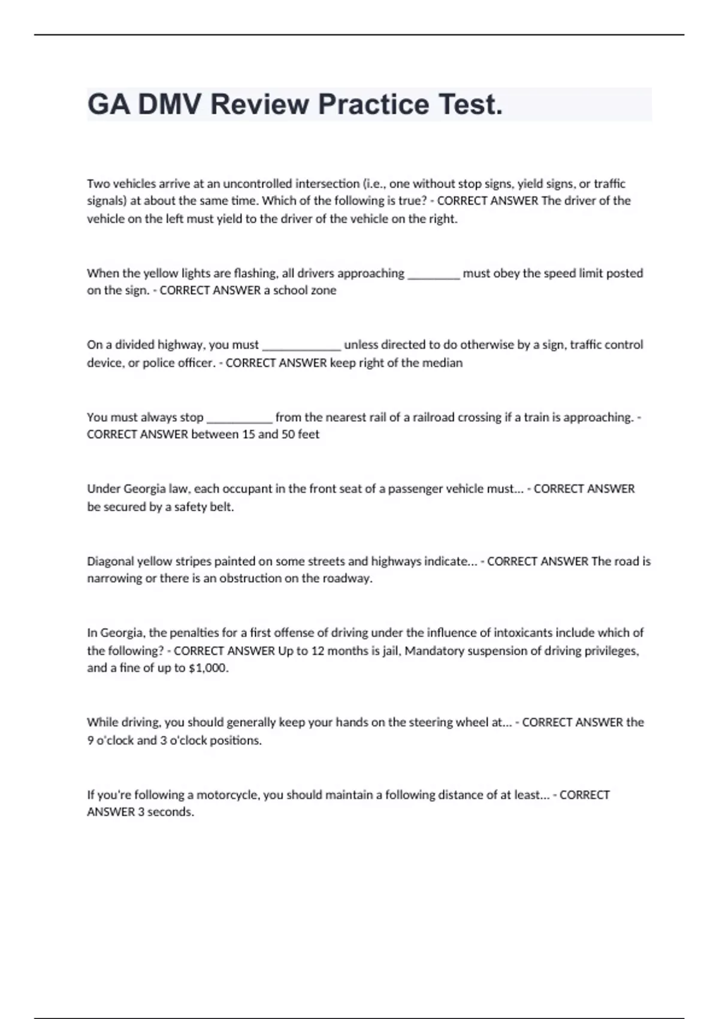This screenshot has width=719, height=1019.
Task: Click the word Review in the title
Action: click(x=259, y=104)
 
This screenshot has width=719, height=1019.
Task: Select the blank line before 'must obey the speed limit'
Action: click(x=433, y=274)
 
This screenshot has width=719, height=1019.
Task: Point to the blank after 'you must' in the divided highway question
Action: click(x=301, y=345)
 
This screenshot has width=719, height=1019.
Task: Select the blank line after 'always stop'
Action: click(x=239, y=418)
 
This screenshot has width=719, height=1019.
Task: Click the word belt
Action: click(x=220, y=507)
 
